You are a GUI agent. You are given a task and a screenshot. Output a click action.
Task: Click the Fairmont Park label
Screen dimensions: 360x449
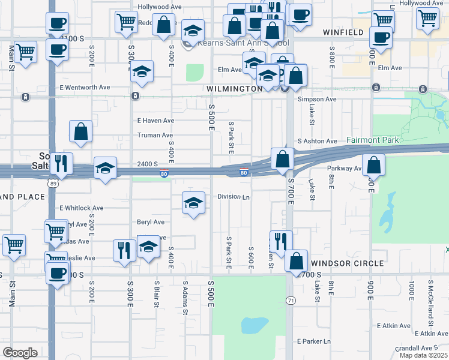373,140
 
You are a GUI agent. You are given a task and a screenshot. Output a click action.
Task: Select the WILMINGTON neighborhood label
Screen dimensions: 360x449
234,89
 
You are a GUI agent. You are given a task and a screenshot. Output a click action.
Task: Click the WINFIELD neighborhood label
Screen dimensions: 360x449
343,32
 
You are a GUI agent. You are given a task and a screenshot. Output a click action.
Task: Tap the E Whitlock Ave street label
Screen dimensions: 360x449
81,208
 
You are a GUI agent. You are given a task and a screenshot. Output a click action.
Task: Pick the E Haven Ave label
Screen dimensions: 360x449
155,121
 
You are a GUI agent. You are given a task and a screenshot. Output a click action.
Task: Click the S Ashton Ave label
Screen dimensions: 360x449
317,142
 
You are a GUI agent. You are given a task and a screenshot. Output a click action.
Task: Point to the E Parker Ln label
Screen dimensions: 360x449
314,341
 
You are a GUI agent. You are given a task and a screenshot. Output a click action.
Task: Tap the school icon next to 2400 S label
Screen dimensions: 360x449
105,169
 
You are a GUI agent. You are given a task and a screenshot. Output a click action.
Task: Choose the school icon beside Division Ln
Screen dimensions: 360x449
193,203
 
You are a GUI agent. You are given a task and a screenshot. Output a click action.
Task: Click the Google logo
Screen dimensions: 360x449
20,353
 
